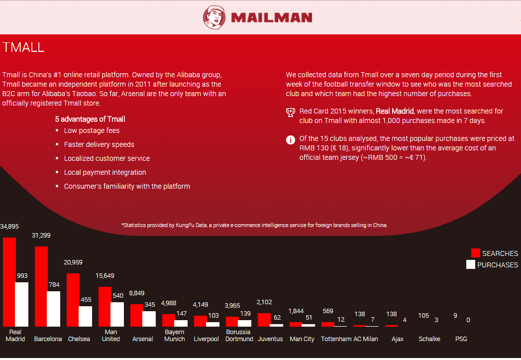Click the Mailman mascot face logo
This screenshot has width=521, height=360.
(x=214, y=17)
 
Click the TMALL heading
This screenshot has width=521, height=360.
(x=23, y=47)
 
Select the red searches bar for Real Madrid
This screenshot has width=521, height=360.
(x=9, y=282)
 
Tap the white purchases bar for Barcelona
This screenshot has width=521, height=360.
(x=54, y=309)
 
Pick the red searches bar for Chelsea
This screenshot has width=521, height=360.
(x=73, y=300)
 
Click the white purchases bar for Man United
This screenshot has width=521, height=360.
(x=117, y=314)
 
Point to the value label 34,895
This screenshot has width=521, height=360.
(x=9, y=227)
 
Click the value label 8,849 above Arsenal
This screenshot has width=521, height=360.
(x=136, y=293)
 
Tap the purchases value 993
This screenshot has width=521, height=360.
(x=22, y=275)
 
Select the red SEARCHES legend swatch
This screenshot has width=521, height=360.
(x=476, y=253)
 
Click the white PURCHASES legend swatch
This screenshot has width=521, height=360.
(x=471, y=264)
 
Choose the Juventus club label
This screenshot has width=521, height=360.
(x=270, y=339)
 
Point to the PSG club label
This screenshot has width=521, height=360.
(x=461, y=339)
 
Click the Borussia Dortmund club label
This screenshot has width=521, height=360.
(x=239, y=336)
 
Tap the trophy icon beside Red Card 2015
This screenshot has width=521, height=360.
(x=291, y=113)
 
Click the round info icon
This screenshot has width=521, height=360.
(x=291, y=140)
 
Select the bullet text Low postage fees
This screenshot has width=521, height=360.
(x=92, y=130)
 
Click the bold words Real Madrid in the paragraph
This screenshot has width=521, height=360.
(x=395, y=111)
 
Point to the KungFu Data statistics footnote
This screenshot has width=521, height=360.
(x=254, y=225)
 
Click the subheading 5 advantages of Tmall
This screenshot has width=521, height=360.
(x=90, y=119)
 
